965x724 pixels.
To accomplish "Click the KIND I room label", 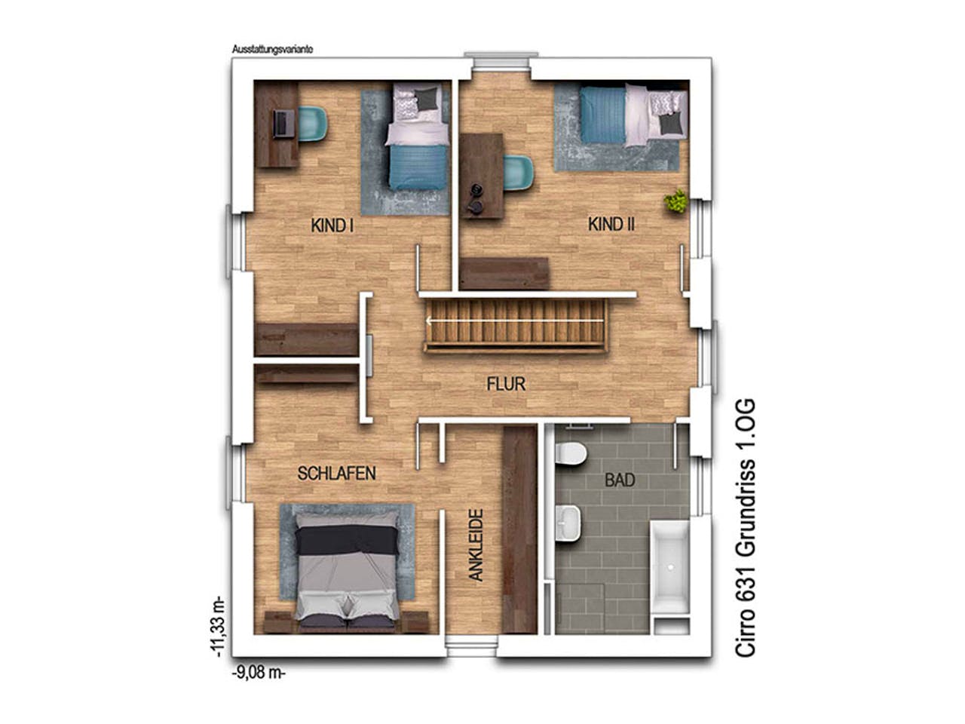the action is (x=332, y=226).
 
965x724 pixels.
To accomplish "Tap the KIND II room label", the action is (x=611, y=225).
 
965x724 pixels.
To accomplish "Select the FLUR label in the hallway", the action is (x=506, y=384).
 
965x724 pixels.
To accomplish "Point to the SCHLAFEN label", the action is (x=336, y=474).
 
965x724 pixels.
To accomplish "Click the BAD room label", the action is (x=620, y=480).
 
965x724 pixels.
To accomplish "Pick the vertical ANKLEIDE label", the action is (x=476, y=545).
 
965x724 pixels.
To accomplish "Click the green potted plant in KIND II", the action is (x=675, y=201).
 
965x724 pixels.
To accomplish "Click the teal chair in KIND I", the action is (x=313, y=124).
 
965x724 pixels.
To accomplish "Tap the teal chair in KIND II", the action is (x=519, y=173).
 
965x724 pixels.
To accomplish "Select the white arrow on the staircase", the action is (x=514, y=321).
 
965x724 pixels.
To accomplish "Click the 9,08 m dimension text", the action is (x=259, y=673).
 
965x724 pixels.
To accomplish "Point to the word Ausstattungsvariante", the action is (x=273, y=49).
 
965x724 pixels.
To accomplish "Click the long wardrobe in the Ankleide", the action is (x=520, y=529).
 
